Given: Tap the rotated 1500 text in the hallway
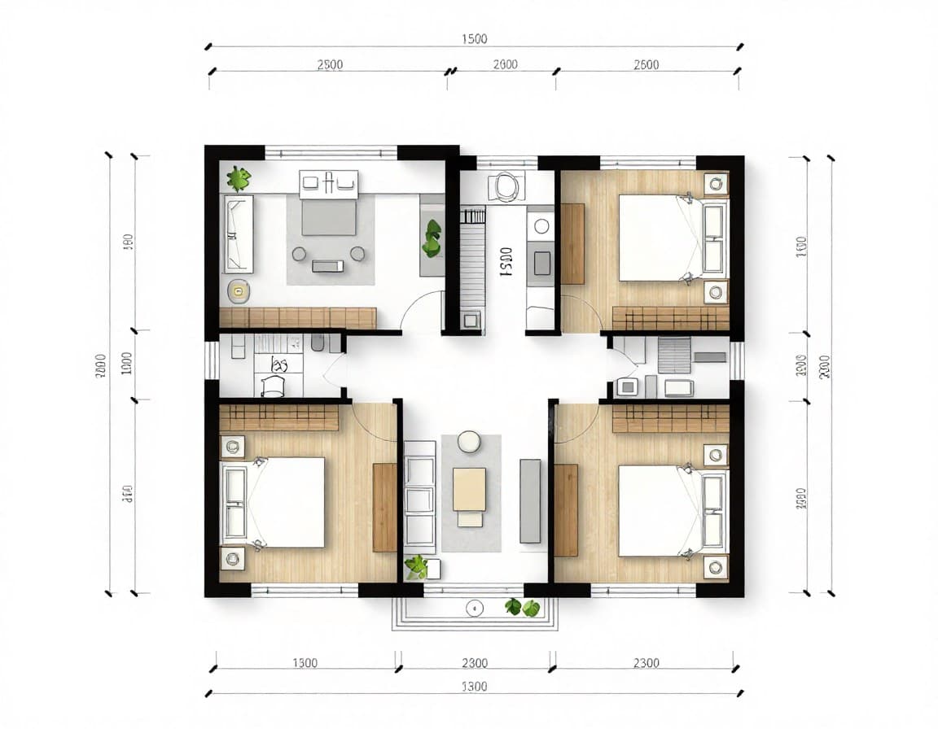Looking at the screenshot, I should point(505,263).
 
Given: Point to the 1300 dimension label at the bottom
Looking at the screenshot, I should point(304,663).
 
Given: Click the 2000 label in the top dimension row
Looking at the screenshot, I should point(505,65).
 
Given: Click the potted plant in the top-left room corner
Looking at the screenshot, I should point(238,177).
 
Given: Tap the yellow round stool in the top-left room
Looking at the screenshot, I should point(238,289).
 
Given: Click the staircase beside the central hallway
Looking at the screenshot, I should point(472,260).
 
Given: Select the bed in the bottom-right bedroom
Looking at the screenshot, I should point(660,510).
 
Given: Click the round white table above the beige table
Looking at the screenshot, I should point(469,442).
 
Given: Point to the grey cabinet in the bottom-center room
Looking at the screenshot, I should point(530,500).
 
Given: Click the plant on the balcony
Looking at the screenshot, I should point(521,607).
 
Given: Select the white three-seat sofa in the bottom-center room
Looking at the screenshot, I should point(419,496).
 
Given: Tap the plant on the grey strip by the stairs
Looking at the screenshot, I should point(432,238).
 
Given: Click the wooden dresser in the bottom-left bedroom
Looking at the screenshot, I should point(384,506).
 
